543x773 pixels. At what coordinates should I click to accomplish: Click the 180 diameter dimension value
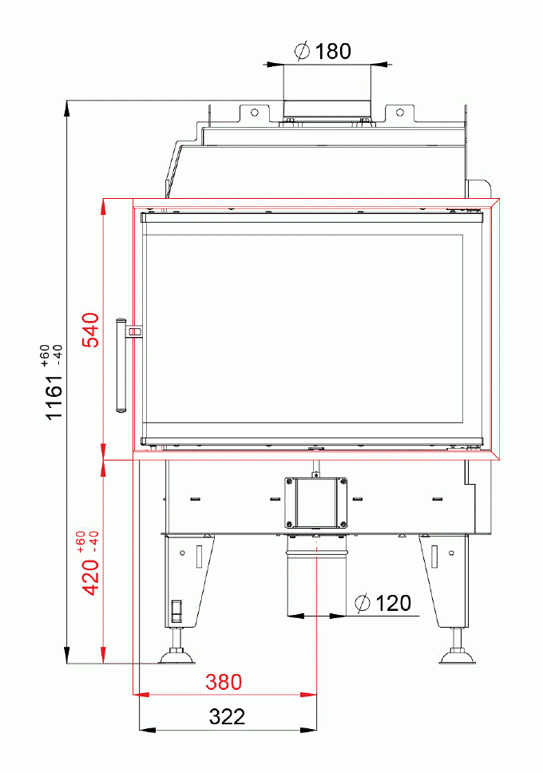(332, 51)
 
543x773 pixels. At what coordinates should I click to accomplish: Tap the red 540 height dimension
(91, 330)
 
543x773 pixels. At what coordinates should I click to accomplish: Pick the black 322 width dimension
(227, 716)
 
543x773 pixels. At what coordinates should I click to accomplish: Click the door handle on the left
(121, 366)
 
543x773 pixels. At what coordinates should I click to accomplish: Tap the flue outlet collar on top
(325, 108)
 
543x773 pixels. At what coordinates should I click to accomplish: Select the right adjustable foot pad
(458, 657)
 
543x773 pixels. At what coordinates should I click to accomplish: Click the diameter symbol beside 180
(302, 51)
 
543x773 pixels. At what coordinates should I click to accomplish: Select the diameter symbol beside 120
(363, 603)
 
